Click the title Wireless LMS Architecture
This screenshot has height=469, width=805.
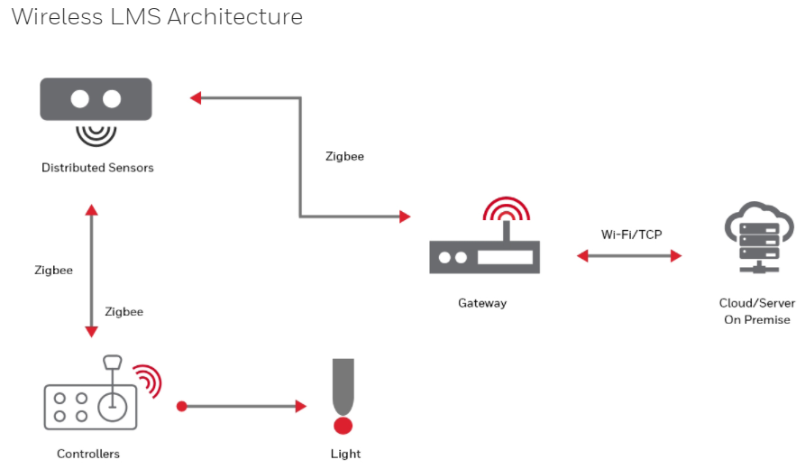click(157, 17)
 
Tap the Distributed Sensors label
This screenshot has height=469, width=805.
click(97, 168)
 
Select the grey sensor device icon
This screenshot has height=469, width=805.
click(96, 99)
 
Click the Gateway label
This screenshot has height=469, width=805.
click(482, 303)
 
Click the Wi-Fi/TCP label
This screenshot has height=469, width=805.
click(631, 234)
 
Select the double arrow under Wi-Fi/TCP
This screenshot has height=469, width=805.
click(629, 256)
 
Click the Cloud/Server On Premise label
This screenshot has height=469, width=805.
click(755, 311)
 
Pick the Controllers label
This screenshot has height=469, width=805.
click(88, 454)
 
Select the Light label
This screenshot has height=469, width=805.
click(345, 454)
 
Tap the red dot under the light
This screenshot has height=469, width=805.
click(343, 425)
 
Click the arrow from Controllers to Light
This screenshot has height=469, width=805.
click(242, 406)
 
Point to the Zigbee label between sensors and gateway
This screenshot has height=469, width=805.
click(344, 156)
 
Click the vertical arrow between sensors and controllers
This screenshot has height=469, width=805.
click(90, 271)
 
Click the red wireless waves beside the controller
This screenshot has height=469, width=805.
click(146, 381)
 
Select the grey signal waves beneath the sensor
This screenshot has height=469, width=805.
click(96, 133)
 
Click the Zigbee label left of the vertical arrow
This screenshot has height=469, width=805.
click(53, 270)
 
